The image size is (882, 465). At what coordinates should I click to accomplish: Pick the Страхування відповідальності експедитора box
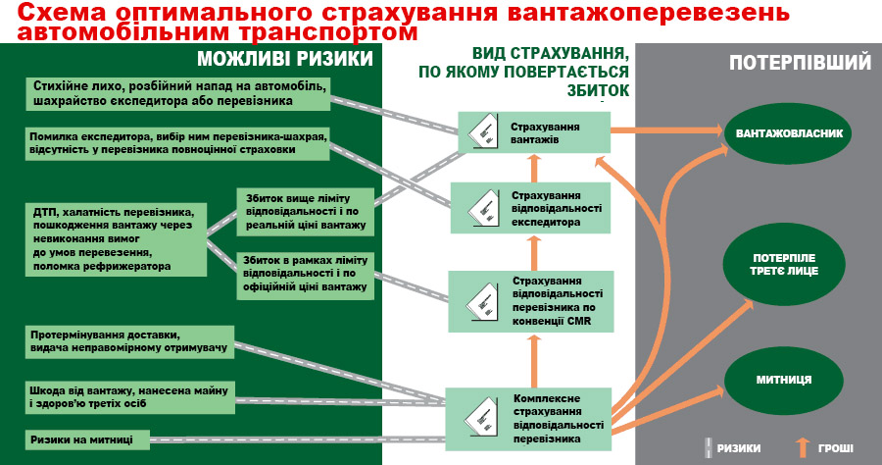532,207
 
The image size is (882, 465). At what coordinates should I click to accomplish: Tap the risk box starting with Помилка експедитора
175,143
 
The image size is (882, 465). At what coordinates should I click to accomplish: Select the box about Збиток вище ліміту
305,212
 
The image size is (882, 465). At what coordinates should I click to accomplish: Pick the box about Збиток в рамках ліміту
305,274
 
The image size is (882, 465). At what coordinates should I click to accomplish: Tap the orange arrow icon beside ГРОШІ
803,447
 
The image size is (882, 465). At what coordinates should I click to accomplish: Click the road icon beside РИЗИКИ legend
706,447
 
